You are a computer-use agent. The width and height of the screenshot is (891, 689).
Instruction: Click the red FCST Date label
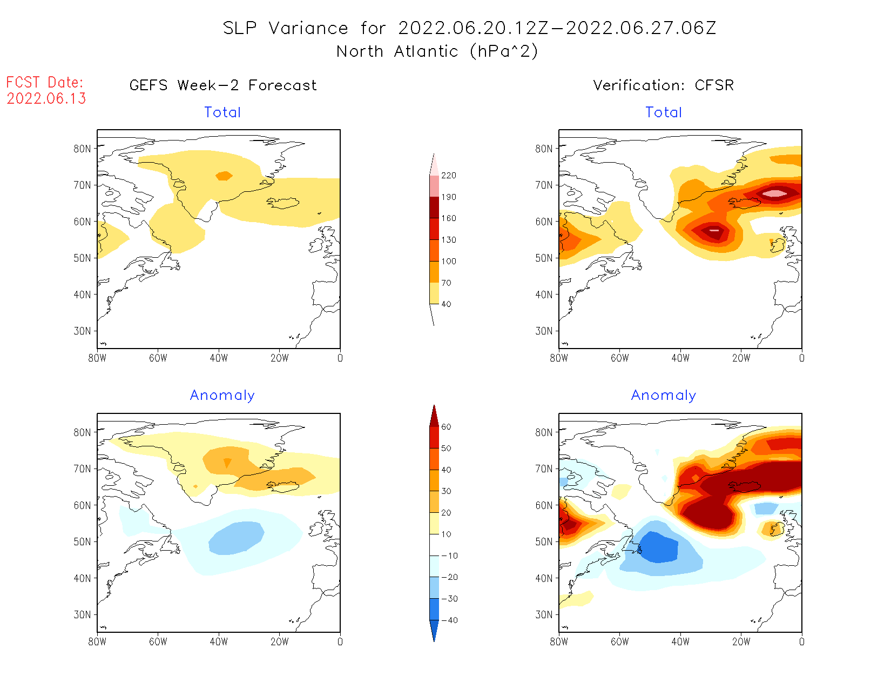45,83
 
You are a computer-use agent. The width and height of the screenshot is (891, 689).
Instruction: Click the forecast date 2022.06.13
46,99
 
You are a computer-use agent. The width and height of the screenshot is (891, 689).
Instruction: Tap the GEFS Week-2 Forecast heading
223,85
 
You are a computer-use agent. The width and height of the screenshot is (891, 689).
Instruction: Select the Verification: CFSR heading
663,85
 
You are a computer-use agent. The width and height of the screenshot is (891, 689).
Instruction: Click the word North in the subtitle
360,52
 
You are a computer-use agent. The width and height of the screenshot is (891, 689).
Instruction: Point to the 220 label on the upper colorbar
448,176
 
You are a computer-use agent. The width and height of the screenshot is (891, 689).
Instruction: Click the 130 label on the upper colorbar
448,240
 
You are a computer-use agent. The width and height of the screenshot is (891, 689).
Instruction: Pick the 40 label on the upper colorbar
446,304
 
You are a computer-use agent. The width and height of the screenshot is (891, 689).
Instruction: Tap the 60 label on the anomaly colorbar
446,427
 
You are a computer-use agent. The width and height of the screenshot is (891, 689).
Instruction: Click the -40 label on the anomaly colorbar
449,620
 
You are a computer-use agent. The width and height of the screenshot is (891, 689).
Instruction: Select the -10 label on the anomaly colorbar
449,556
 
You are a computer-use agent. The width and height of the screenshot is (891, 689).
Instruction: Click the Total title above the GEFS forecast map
222,112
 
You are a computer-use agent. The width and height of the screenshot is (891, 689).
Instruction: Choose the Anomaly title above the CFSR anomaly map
664,396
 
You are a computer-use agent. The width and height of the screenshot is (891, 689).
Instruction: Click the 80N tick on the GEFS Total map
83,149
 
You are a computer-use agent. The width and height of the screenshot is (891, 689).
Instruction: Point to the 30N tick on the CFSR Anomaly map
544,614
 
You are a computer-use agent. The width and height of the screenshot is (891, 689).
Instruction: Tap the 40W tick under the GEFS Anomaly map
219,642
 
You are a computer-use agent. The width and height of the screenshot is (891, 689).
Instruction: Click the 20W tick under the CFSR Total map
741,358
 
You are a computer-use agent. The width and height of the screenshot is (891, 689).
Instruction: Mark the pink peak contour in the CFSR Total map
775,193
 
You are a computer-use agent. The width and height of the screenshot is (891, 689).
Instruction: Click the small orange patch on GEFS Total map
224,176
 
